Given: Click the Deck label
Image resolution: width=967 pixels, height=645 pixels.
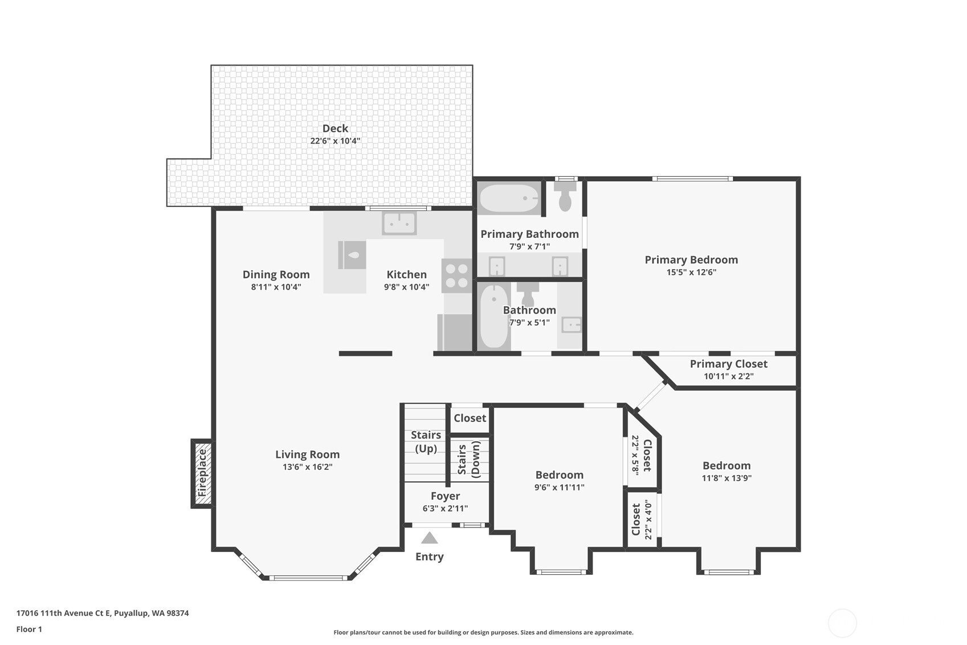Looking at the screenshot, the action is click(x=335, y=128).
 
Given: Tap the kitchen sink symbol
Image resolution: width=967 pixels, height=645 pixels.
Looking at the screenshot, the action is click(x=399, y=224).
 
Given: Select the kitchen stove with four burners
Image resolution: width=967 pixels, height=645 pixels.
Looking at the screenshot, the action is click(x=456, y=275).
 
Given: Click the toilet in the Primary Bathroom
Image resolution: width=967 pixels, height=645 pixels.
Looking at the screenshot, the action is click(x=565, y=197).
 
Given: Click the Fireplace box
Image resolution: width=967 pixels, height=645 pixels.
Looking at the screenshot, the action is click(x=202, y=473).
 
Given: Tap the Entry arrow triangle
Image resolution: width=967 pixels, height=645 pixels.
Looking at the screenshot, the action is click(x=429, y=538).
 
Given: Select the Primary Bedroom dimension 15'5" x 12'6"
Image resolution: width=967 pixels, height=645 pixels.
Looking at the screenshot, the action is click(x=691, y=272).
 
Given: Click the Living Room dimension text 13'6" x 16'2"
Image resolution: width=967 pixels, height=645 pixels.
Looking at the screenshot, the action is click(x=307, y=467).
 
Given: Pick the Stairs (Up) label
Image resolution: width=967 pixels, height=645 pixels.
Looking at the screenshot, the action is click(x=426, y=441).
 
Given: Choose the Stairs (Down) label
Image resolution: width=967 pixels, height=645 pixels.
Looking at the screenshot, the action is click(x=469, y=459).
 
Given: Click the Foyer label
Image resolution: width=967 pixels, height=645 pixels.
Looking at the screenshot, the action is click(x=445, y=496).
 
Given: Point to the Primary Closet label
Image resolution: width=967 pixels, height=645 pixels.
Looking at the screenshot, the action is click(x=728, y=364).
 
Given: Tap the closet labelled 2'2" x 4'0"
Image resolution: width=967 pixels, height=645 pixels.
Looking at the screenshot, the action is click(x=642, y=520).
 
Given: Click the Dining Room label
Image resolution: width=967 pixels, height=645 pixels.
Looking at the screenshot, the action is click(x=276, y=274).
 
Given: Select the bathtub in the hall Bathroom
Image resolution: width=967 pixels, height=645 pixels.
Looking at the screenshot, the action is click(x=494, y=317).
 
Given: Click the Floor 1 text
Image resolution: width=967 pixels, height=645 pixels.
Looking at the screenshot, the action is click(x=30, y=629).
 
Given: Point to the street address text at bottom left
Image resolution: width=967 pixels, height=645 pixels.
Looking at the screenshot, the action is click(x=103, y=613).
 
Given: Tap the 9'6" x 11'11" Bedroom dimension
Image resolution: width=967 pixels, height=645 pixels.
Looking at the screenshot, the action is click(x=559, y=487).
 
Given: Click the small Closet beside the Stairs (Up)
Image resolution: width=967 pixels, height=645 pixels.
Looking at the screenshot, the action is click(x=470, y=418).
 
